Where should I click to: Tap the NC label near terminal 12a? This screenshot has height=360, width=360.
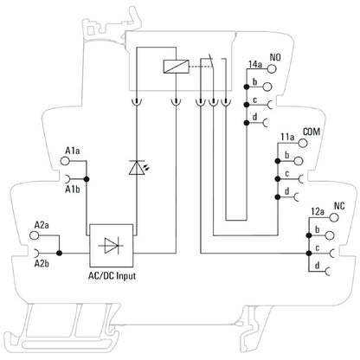(338, 208)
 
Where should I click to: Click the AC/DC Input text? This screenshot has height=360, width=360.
(113, 276)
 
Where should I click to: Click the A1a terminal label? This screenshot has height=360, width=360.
(73, 151)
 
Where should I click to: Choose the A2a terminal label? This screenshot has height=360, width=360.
(41, 223)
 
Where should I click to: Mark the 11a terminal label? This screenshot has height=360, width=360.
(287, 136)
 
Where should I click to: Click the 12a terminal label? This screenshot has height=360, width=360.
(318, 210)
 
